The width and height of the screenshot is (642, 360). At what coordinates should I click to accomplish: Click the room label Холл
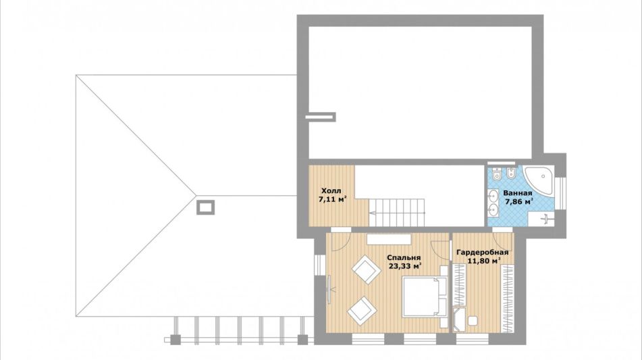point(331,191)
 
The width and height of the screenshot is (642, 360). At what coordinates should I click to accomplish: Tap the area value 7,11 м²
point(332,199)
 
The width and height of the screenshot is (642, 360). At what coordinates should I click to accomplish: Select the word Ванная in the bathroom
point(518,193)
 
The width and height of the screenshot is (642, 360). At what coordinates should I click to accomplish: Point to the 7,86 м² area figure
point(519,201)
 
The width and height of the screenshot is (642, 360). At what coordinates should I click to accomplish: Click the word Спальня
point(404,257)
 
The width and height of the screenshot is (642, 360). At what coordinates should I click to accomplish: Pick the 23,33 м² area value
point(405,266)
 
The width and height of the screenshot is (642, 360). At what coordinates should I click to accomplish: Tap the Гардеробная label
point(483,253)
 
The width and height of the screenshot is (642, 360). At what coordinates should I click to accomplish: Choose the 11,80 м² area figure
point(485,261)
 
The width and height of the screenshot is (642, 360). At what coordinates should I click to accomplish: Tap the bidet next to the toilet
point(511,174)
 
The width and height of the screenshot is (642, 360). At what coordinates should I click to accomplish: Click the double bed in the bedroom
point(424,297)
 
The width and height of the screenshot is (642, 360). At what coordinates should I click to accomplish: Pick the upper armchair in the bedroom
point(367,269)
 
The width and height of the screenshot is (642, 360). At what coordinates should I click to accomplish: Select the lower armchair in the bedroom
point(363,311)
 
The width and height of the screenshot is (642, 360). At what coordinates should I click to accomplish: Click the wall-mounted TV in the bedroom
point(329,290)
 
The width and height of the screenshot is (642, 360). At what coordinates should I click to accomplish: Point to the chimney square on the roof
point(205,207)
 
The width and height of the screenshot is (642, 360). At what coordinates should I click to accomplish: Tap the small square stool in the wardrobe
point(473,321)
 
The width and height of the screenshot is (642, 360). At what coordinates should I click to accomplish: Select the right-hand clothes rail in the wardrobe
point(508,299)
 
